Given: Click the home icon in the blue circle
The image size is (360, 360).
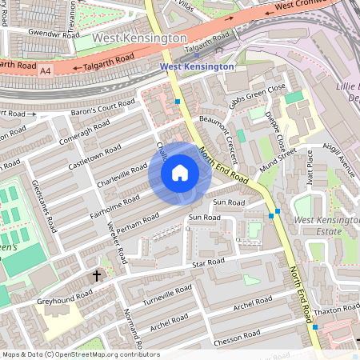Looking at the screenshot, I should click(x=180, y=172).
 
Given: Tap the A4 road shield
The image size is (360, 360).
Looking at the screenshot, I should click(x=45, y=71).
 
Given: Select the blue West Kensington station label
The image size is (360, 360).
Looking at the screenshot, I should click(x=197, y=66).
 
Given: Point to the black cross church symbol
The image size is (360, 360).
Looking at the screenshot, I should click(x=98, y=275).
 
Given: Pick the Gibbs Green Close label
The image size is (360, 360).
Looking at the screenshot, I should click(x=257, y=95).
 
